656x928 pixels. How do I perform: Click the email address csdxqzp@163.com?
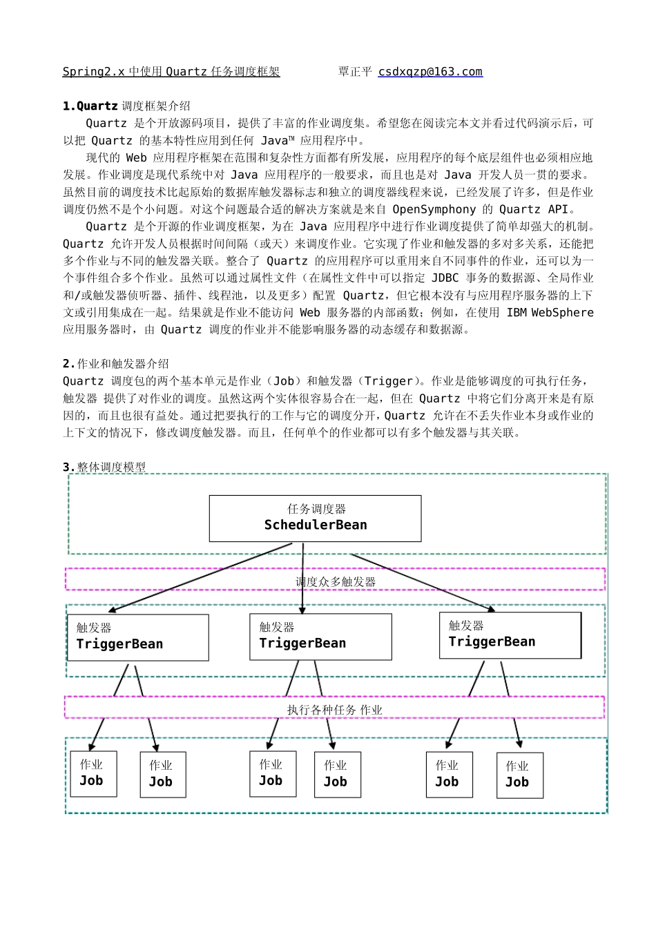430,72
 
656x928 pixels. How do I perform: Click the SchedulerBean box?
315,518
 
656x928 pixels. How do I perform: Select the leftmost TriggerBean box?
138,637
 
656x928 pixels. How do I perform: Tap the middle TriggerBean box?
320,637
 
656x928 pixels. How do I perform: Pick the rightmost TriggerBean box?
510,635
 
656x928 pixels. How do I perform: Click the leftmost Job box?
93,773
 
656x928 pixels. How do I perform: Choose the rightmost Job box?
519,775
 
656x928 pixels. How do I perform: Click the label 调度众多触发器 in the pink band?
336,581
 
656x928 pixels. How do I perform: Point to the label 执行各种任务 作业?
334,709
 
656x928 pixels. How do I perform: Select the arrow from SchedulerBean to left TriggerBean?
200,577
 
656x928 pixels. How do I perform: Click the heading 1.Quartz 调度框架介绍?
126,106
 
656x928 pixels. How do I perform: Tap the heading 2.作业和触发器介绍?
115,364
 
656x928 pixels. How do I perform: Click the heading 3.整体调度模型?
104,467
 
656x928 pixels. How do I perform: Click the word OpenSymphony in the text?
434,209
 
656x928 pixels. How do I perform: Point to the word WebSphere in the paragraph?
561,313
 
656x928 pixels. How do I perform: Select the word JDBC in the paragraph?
445,278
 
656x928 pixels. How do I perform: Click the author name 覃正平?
355,72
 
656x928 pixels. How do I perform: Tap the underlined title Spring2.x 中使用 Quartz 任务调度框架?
171,72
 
